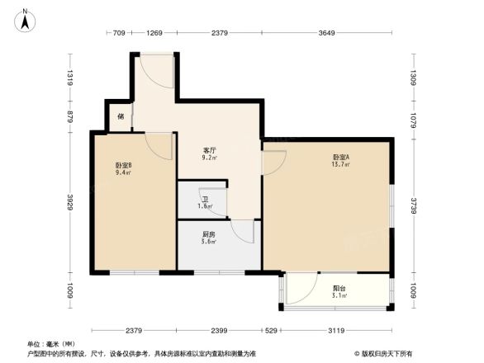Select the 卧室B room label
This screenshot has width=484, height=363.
click(x=123, y=165)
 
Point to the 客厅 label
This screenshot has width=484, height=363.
click(x=210, y=150)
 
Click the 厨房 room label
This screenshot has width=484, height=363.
click(x=210, y=233)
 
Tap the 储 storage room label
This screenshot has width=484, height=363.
click(x=121, y=117)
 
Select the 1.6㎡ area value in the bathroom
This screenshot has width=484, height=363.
click(x=205, y=206)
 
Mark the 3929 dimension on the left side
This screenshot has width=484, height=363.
click(x=71, y=200)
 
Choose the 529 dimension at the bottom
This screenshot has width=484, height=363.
click(x=272, y=330)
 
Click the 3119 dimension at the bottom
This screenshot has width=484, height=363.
click(x=335, y=330)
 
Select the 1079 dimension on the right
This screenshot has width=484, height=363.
click(x=414, y=118)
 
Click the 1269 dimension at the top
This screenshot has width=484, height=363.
click(x=154, y=34)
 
